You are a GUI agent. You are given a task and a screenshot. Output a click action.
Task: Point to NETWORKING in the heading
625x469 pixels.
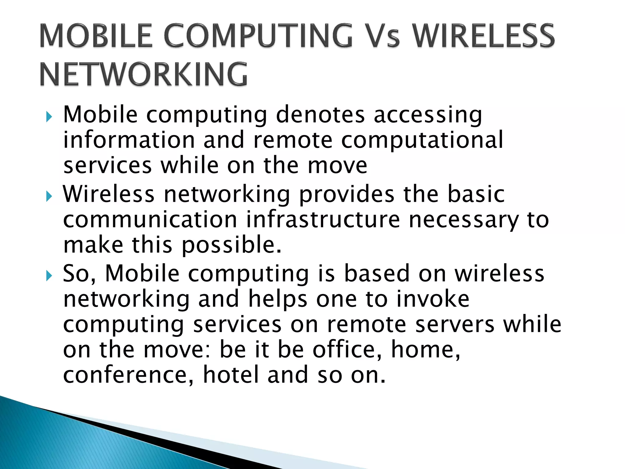coord(143,74)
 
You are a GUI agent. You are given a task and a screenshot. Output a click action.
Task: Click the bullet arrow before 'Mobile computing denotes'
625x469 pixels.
coord(49,117)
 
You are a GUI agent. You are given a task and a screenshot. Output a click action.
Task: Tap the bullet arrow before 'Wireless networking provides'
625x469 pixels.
coord(49,196)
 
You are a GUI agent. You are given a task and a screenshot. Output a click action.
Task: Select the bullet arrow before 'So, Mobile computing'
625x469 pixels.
coord(49,276)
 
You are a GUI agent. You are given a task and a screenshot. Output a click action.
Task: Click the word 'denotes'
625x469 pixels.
coord(320,115)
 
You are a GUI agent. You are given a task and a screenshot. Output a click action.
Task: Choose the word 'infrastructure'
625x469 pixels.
coord(323,220)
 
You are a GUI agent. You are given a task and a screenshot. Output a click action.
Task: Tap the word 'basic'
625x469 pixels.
coord(476,194)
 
